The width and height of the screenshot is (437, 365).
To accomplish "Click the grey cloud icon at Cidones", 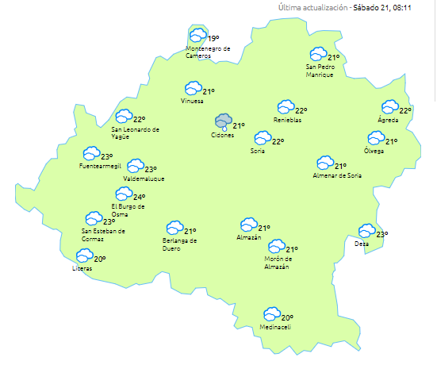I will (224, 121).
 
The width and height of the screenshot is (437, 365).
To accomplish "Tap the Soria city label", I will (257, 151).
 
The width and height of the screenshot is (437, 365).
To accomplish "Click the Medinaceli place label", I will (275, 328).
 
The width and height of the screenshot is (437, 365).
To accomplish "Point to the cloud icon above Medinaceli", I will (271, 314).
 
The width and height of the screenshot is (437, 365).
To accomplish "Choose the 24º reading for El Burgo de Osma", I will (139, 198).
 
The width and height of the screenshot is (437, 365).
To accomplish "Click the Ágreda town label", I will (387, 120).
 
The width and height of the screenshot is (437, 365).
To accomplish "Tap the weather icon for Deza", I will (366, 231).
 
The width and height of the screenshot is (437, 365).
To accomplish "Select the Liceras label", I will (82, 269).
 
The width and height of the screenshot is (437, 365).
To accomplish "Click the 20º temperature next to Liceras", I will (100, 259).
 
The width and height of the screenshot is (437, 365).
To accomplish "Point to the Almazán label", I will (249, 238).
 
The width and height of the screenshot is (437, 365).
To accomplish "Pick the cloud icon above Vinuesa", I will (192, 89).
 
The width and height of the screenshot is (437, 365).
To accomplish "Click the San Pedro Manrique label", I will (320, 71).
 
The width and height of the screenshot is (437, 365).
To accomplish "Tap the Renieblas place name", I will (288, 120).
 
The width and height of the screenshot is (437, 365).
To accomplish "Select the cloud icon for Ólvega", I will (375, 138).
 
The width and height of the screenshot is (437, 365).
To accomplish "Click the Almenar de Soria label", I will (337, 175).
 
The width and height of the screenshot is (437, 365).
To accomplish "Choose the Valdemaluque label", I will (144, 179).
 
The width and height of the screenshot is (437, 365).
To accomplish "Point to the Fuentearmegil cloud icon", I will (91, 153).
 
